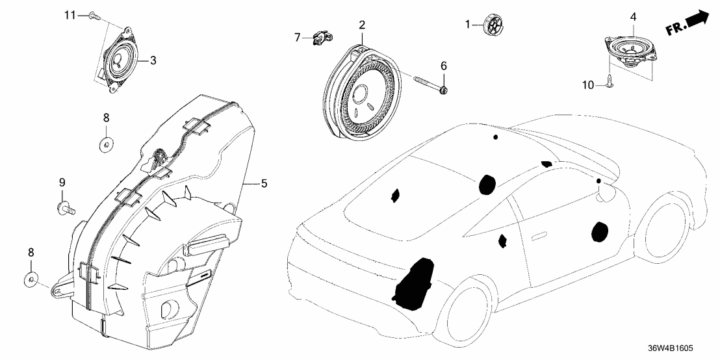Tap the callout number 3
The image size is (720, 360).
[x=153, y=60]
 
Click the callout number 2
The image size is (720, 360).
[x=362, y=25]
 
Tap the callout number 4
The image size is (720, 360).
[x=633, y=16]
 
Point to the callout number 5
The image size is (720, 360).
[x=264, y=184]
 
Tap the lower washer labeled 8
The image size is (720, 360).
[x=31, y=281]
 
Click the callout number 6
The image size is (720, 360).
[x=444, y=66]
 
